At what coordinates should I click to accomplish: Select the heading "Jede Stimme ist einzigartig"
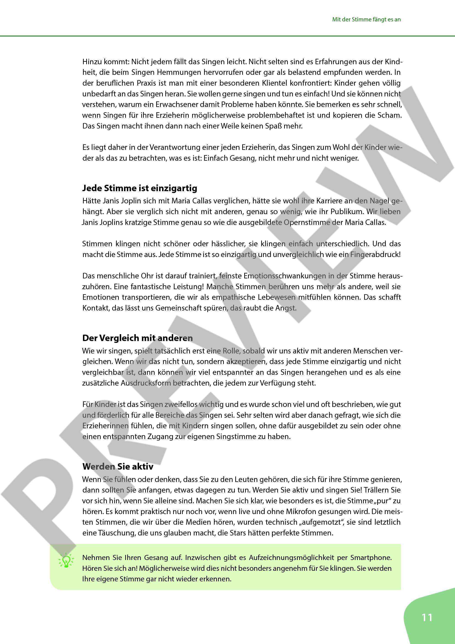pos(140,188)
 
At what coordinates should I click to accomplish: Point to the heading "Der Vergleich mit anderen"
pos(137,338)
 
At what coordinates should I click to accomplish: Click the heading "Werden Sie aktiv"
pos(118,466)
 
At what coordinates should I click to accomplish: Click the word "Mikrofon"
pos(300,511)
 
